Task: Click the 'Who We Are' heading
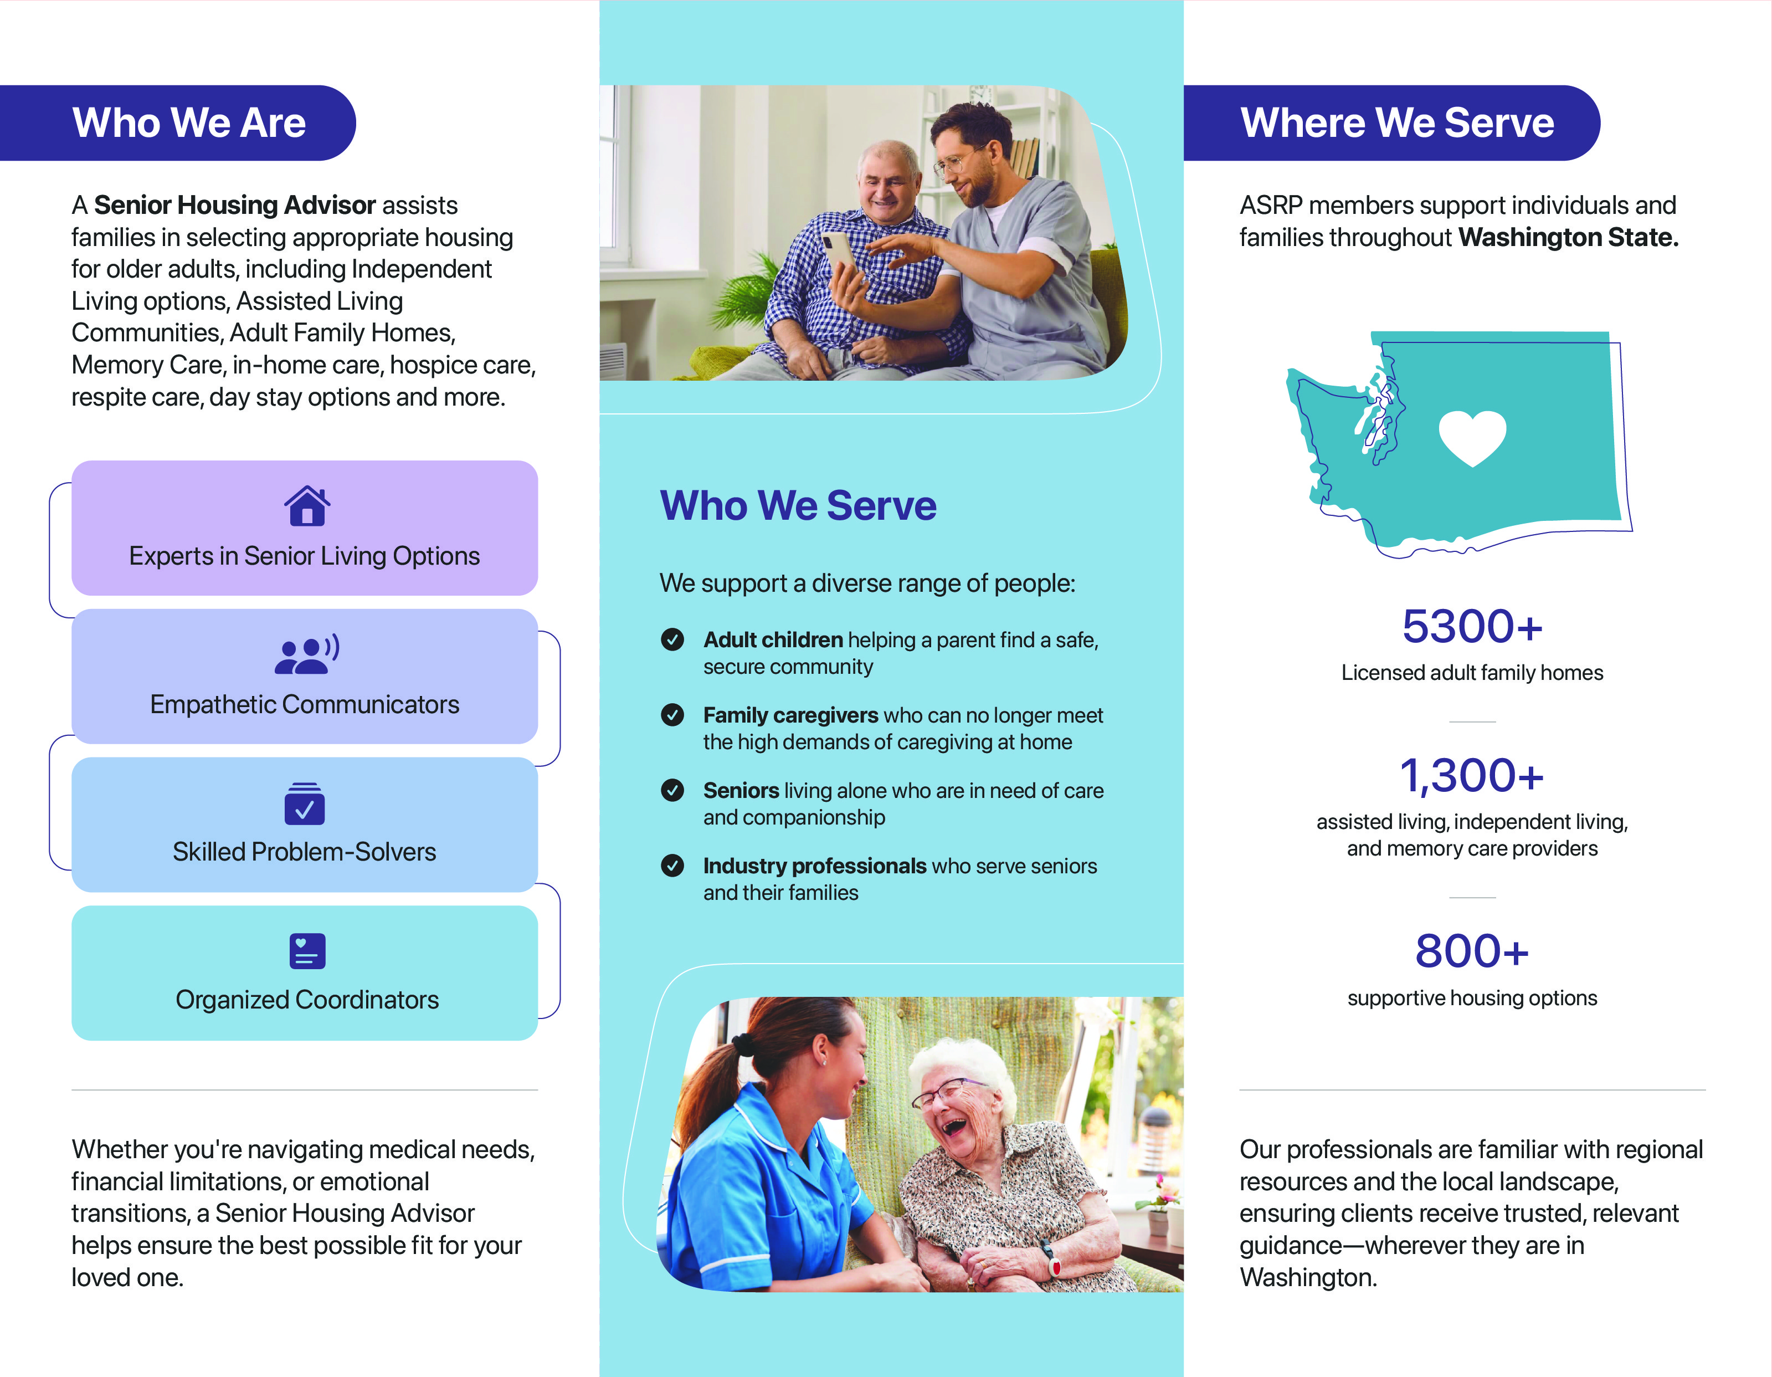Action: coord(188,124)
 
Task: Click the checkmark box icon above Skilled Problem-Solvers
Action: coord(304,803)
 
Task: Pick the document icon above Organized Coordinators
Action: coord(307,951)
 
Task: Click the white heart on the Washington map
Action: coord(1472,437)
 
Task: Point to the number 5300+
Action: coord(1472,626)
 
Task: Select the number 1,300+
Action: coord(1472,776)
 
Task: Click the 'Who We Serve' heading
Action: coord(798,505)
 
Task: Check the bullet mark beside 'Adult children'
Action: coord(672,640)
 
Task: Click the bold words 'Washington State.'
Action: coord(1568,238)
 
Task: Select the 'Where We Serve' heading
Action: coord(1396,124)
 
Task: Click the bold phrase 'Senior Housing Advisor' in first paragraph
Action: coord(234,205)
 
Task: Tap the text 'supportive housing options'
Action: coord(1472,998)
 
